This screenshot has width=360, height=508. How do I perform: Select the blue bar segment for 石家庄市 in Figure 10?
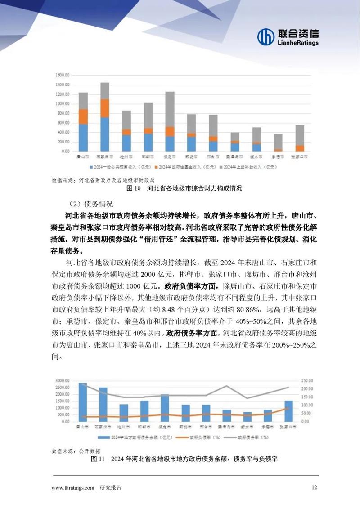coord(105,134)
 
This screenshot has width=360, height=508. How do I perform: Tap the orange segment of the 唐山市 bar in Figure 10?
coord(83,116)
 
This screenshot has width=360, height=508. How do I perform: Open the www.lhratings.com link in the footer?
coord(73,487)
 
